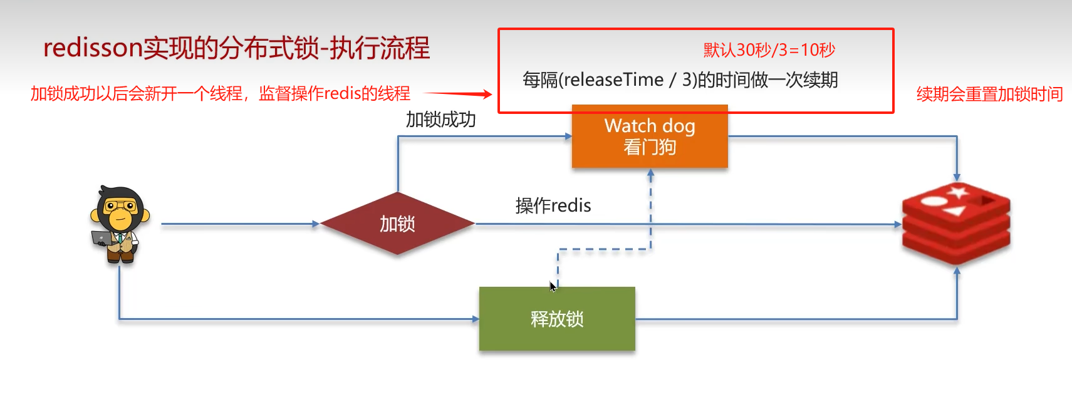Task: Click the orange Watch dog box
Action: [x=650, y=136]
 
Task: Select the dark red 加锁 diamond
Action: [x=397, y=224]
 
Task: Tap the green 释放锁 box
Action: [x=557, y=319]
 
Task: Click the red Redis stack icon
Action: [x=956, y=223]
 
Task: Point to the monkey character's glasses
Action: [x=119, y=205]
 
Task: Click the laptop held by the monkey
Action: [x=102, y=238]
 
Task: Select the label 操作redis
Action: [x=553, y=205]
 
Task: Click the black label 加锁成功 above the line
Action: [x=440, y=120]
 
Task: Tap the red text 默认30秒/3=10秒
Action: [x=769, y=50]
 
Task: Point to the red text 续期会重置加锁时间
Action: [x=989, y=95]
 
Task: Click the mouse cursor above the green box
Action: [x=553, y=286]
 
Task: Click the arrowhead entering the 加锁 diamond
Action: [x=316, y=224]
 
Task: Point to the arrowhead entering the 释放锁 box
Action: [x=476, y=319]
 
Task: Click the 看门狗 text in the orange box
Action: [x=650, y=148]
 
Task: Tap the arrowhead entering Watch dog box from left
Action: [x=568, y=136]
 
